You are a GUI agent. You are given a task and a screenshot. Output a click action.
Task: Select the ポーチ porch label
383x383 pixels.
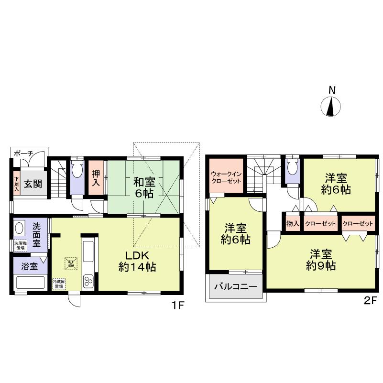pos(23,153)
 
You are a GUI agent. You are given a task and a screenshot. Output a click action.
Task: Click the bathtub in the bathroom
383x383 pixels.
pos(31,282)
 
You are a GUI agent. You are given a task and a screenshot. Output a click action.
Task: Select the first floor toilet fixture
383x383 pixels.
pos(77,171)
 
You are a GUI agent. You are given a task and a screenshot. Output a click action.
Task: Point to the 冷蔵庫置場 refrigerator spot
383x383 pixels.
pos(59,285)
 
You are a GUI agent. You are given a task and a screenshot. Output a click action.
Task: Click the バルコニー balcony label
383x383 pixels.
pos(235,287)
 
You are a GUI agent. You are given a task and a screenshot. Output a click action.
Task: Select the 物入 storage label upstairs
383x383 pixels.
pos(292,223)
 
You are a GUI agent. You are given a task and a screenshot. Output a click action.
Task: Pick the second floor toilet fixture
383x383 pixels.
pos(292,168)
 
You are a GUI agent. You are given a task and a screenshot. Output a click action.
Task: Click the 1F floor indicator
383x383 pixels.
pos(178,305)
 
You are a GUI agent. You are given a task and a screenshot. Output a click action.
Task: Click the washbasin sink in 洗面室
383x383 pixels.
pos(20,228)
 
